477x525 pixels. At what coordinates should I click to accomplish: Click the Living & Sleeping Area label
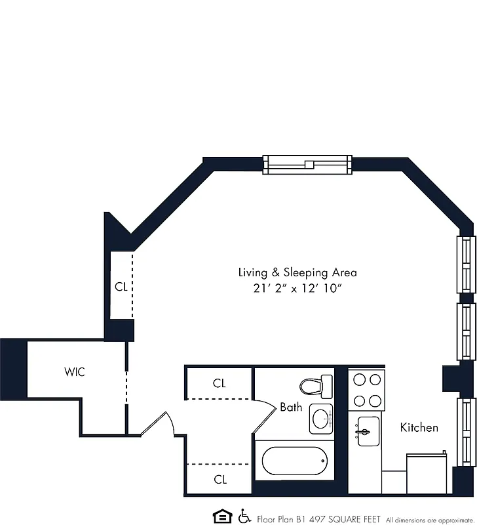(x=297, y=272)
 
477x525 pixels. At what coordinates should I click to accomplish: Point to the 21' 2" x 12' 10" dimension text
(x=297, y=289)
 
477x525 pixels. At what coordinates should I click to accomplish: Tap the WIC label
(x=74, y=372)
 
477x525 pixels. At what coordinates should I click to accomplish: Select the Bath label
(x=291, y=408)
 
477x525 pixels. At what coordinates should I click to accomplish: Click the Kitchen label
(x=419, y=428)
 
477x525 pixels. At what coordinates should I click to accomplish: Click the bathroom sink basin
(x=320, y=418)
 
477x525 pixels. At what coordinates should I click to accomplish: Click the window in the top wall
(x=307, y=164)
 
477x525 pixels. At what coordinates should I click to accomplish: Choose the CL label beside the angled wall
(x=121, y=287)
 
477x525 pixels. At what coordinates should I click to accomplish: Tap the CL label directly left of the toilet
(x=219, y=383)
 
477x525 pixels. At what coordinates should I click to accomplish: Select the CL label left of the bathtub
(x=219, y=480)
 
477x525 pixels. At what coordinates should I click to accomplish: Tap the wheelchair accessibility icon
(x=244, y=516)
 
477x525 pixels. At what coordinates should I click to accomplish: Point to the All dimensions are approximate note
(x=429, y=518)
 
